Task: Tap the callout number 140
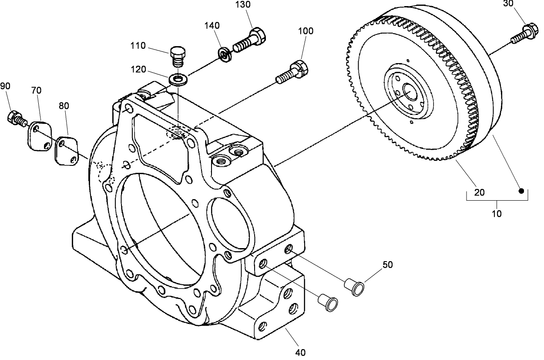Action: click(212, 26)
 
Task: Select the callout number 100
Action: click(306, 31)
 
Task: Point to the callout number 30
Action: click(508, 4)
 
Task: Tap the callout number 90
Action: click(5, 86)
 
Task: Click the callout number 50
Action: click(387, 264)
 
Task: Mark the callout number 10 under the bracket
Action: click(497, 214)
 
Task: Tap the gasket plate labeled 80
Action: click(66, 150)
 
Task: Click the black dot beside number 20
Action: click(520, 191)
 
